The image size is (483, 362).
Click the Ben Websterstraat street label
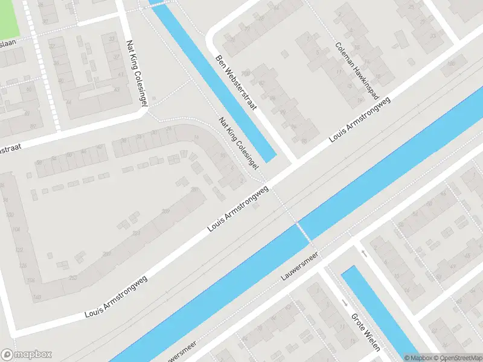(x=236, y=83)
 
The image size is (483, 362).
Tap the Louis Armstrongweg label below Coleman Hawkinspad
(x=360, y=119)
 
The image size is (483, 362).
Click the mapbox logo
(x=27, y=354)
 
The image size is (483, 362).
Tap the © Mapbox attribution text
(x=418, y=358)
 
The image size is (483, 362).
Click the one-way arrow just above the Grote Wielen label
(x=344, y=302)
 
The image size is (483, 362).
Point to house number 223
(x=136, y=232)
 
